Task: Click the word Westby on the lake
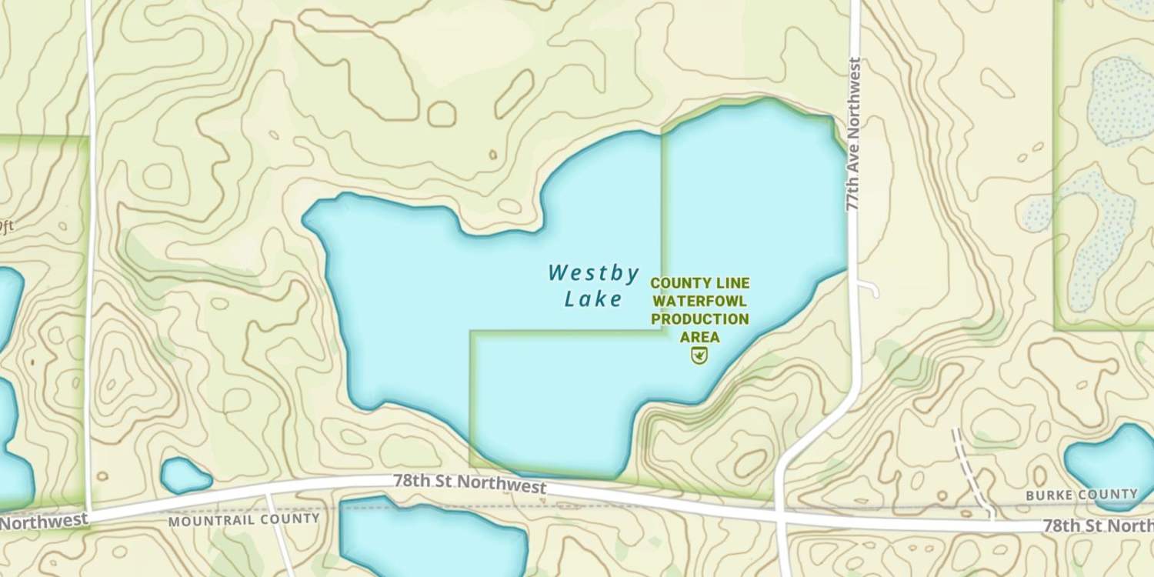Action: coord(593,273)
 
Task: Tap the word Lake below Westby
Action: coord(592,299)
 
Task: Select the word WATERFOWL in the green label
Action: coord(699,301)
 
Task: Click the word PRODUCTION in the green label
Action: coord(699,319)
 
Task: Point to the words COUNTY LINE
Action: coord(699,283)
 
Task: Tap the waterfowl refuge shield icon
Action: coord(699,355)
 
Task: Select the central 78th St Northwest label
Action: coord(469,484)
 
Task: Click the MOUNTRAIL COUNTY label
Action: coord(244,519)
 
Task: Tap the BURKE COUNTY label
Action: coord(1081,495)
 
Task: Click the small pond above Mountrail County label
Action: coord(185,475)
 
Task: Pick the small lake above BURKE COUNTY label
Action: coord(1109,462)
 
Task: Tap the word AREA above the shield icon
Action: coord(699,337)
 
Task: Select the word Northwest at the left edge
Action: coord(42,521)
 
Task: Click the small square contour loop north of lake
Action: coord(442,114)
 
